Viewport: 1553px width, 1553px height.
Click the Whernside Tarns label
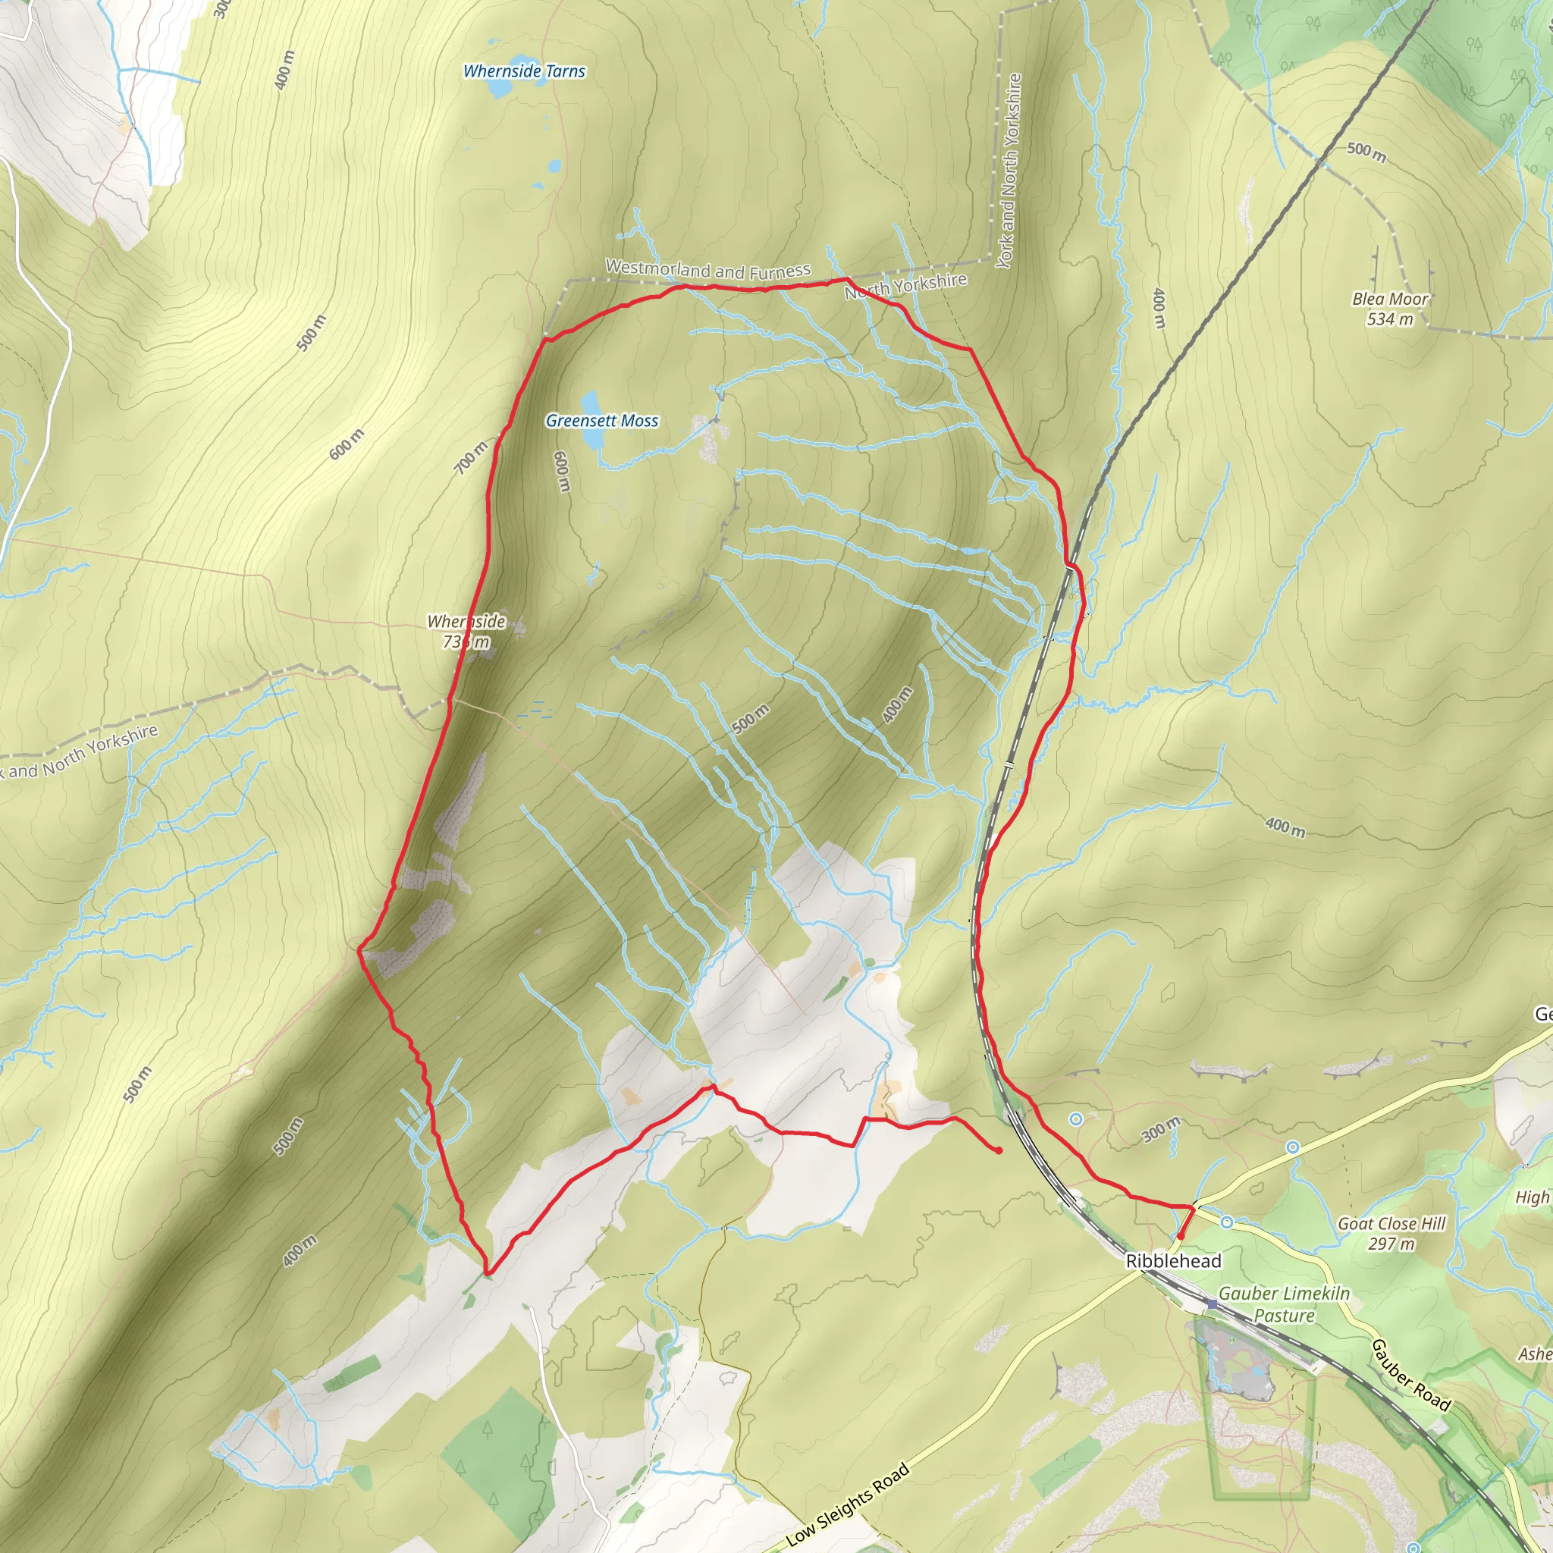[x=524, y=71]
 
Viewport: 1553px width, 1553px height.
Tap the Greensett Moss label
[x=602, y=420]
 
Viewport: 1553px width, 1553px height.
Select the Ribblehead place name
[x=1173, y=1261]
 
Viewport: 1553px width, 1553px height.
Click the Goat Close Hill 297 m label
[x=1391, y=1234]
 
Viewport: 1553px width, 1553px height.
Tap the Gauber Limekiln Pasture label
[x=1284, y=1304]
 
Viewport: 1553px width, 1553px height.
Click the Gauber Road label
[x=1410, y=1376]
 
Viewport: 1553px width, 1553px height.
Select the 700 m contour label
[x=471, y=457]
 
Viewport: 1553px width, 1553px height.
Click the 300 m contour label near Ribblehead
[x=1162, y=1129]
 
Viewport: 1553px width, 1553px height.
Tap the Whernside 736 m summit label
[x=466, y=631]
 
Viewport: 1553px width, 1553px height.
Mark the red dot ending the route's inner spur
[x=999, y=1151]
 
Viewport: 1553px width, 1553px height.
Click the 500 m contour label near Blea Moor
[x=1366, y=150]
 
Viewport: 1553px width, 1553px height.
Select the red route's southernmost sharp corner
[x=488, y=1273]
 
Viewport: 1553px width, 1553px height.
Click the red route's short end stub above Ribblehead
[x=1185, y=1222]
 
